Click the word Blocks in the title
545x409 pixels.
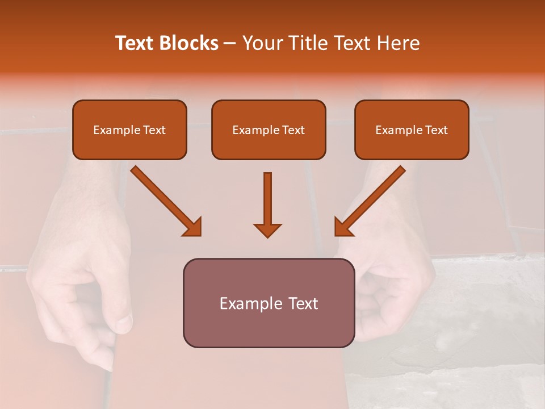tap(190, 43)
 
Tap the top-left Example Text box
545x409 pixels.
tap(129, 130)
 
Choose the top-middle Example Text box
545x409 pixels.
tap(269, 130)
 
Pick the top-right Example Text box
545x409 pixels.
tap(412, 130)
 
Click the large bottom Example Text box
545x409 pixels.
tap(269, 303)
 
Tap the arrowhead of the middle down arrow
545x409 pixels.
tap(267, 229)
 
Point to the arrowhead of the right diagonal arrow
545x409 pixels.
tap(343, 227)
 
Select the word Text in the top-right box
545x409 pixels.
tap(436, 130)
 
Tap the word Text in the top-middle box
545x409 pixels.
tap(293, 130)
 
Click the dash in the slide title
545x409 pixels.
tap(230, 44)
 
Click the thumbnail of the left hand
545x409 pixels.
tap(124, 322)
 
